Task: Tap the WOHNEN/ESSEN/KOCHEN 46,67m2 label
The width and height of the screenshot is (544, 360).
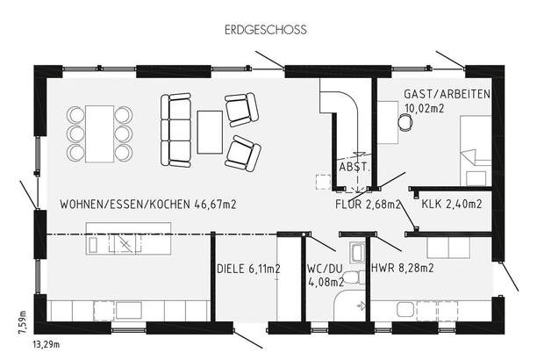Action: (x=149, y=205)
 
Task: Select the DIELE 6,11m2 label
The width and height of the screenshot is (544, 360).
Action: (x=249, y=270)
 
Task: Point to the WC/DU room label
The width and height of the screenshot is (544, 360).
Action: (x=322, y=269)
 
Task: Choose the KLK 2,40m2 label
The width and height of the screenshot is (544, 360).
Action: (x=451, y=205)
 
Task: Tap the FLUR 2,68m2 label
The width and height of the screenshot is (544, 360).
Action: (x=368, y=205)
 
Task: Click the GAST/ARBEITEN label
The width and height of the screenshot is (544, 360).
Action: (x=447, y=94)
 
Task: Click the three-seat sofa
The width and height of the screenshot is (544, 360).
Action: (x=176, y=132)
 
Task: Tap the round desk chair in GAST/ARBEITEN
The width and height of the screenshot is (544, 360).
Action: (x=404, y=124)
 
